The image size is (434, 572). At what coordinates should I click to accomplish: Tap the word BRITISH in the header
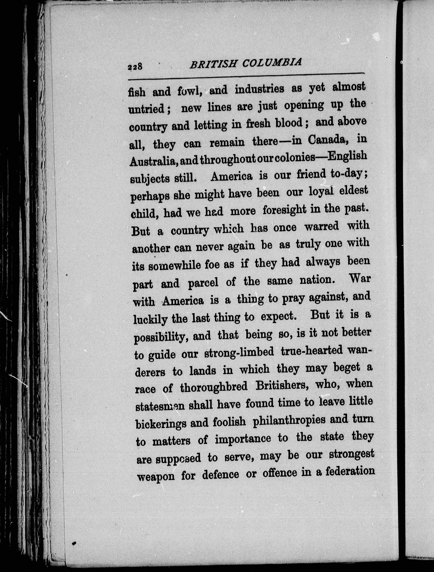tap(213, 64)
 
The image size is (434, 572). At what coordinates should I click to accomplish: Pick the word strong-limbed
tap(239, 353)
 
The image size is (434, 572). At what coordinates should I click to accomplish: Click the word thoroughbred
tap(214, 387)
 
